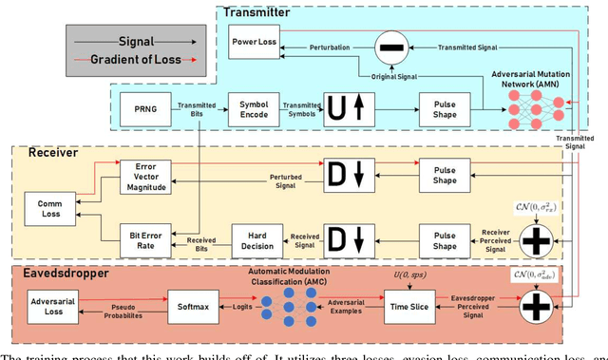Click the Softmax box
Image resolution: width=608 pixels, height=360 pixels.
click(195, 306)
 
